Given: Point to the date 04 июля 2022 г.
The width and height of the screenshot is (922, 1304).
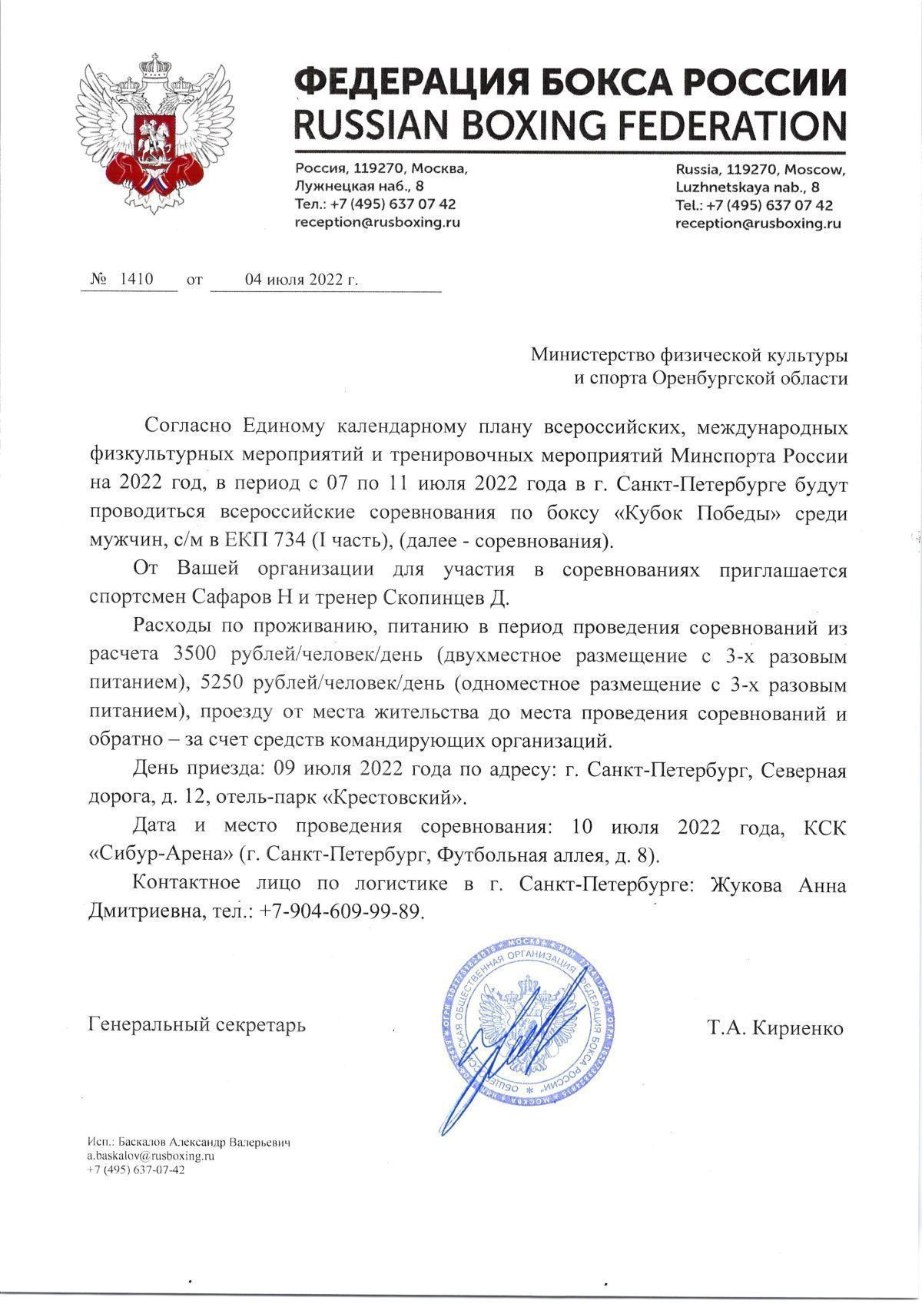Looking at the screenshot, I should tap(301, 280).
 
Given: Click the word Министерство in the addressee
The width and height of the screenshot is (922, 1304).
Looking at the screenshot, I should tap(592, 355).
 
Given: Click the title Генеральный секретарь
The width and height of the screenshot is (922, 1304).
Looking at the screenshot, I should tap(197, 1025).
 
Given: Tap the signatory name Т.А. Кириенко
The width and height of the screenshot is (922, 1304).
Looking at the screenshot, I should tap(774, 1028).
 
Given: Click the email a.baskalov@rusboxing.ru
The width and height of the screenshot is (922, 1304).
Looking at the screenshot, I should tap(151, 1156).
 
